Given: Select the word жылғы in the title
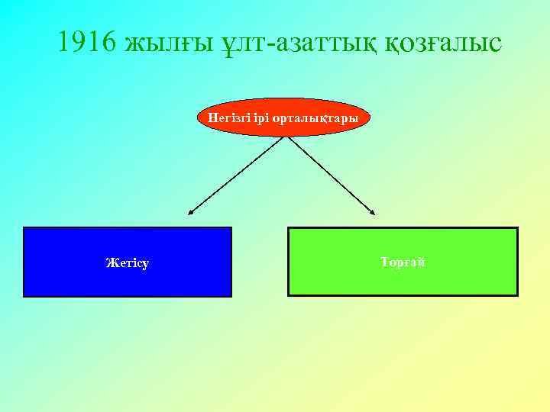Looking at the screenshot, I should click(159, 43).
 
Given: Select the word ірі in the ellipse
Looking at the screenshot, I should click(254, 118).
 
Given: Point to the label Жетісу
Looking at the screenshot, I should click(128, 263).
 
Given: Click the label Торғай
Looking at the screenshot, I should click(403, 262).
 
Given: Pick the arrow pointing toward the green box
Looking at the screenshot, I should click(331, 175).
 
